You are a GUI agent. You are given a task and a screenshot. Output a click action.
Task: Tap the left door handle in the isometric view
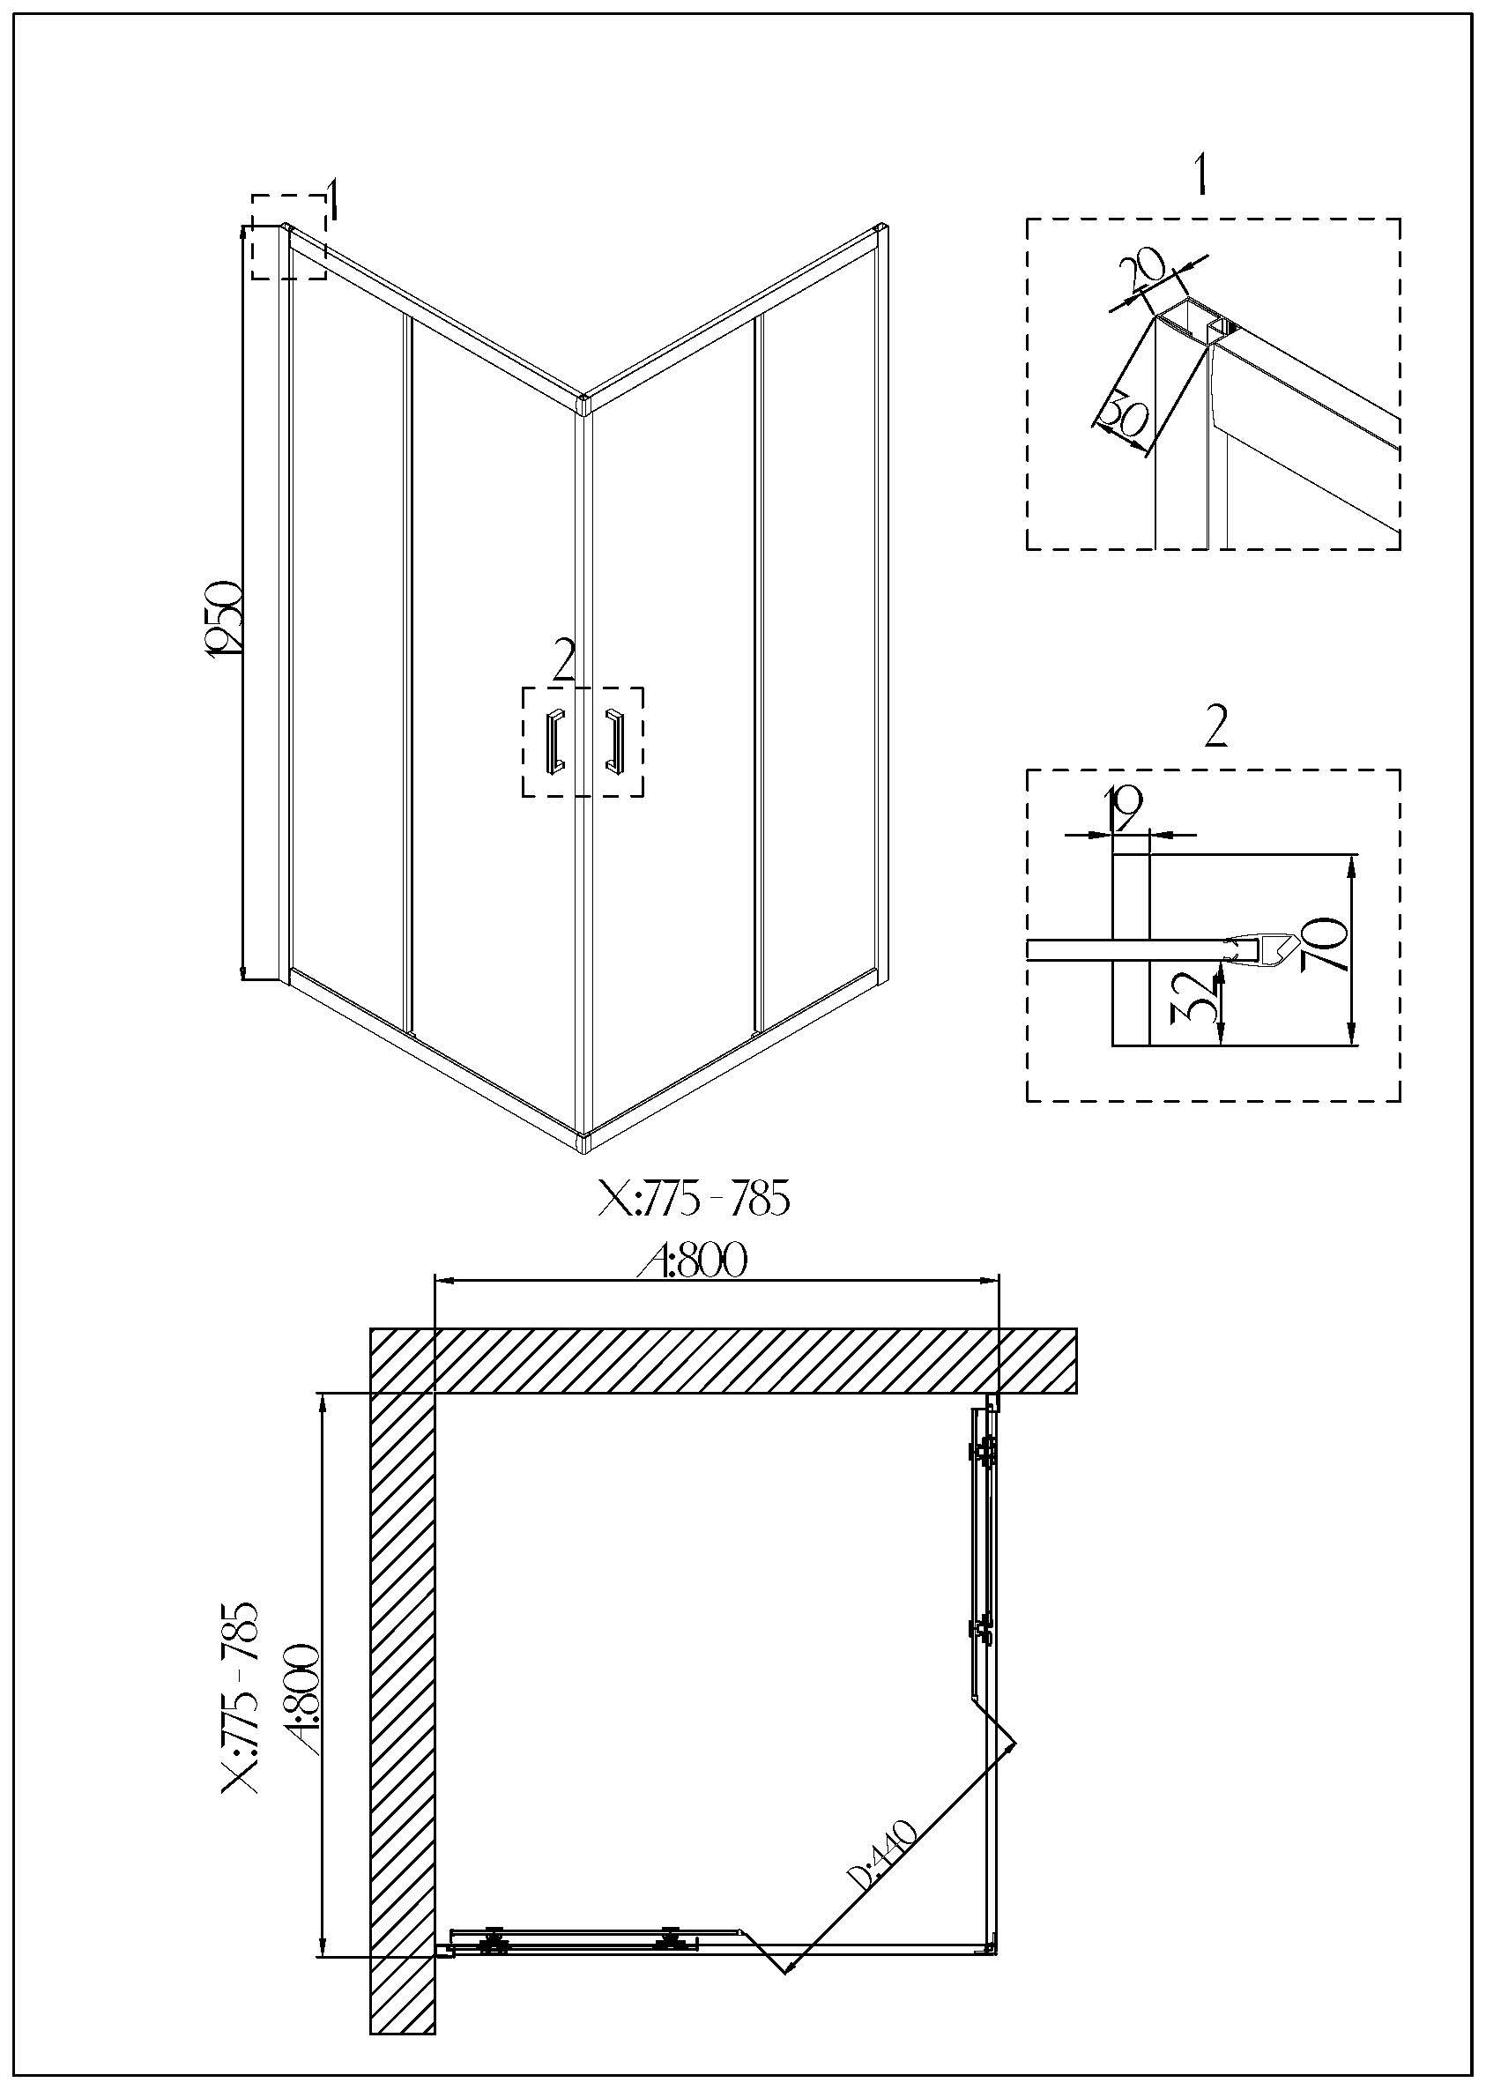pos(554,740)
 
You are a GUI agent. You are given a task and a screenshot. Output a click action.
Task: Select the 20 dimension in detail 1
pos(1144,271)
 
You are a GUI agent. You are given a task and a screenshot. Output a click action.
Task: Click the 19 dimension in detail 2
pos(1123,808)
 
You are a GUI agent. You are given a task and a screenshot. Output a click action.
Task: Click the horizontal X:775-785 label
pos(693,1199)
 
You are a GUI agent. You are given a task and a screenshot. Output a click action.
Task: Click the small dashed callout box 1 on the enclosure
pos(289,237)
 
